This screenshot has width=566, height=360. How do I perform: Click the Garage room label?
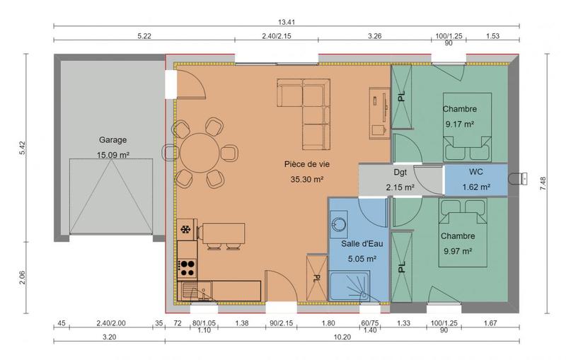point(112,140)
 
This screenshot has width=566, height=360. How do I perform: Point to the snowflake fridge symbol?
point(186,230)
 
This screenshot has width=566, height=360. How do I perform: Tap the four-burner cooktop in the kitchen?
point(187,267)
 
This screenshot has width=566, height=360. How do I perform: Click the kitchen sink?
point(194,290)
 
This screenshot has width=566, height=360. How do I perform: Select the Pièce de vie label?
point(306,164)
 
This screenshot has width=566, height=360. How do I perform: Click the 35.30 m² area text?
point(306,180)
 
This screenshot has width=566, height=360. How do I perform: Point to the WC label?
point(475,172)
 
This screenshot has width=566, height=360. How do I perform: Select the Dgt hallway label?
point(401,172)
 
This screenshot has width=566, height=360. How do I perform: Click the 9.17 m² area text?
point(459,124)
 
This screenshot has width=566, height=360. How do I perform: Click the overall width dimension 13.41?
point(286,22)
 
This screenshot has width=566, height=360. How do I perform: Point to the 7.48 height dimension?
point(543,185)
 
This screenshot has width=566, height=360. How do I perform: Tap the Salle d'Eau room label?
point(362,243)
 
